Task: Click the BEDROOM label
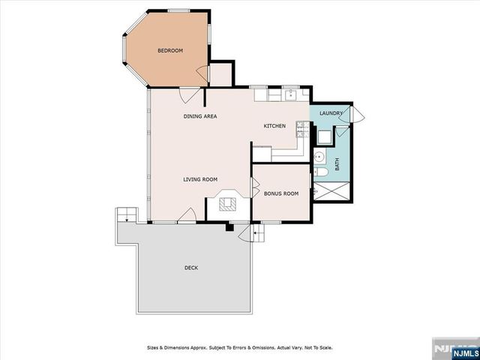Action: [x=169, y=51]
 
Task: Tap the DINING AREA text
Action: [x=200, y=116]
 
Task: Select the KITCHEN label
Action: [x=274, y=126]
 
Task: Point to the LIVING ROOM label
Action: [x=200, y=179]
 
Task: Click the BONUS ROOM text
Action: [x=281, y=193]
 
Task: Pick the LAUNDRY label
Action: [x=331, y=113]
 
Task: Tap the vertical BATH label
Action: [x=337, y=163]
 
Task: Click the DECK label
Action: [x=192, y=268]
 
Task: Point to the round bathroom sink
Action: [x=318, y=157]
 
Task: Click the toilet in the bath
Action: [x=319, y=173]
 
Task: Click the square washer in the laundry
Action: [x=325, y=136]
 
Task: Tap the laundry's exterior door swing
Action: [x=357, y=115]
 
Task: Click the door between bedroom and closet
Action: [x=202, y=72]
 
